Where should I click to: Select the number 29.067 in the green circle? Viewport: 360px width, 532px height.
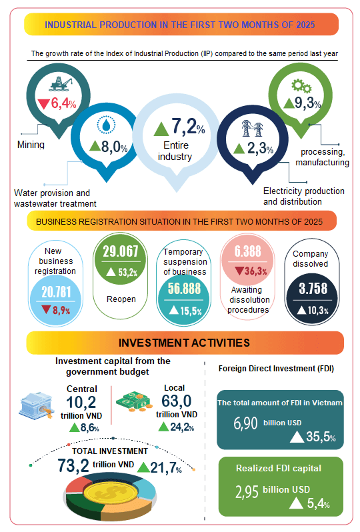pos(121,251)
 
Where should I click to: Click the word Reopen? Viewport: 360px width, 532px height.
pos(121,299)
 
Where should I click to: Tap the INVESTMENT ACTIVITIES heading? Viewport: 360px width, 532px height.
pos(184,343)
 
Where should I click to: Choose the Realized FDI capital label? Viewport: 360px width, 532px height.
pos(278,468)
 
